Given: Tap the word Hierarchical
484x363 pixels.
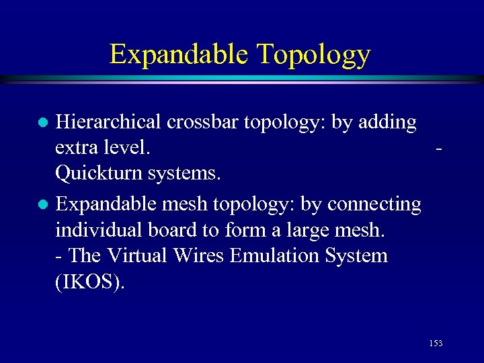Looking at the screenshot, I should (108, 122).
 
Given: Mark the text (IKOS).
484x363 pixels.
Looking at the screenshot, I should (89, 282).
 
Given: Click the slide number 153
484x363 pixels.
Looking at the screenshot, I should (435, 344).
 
